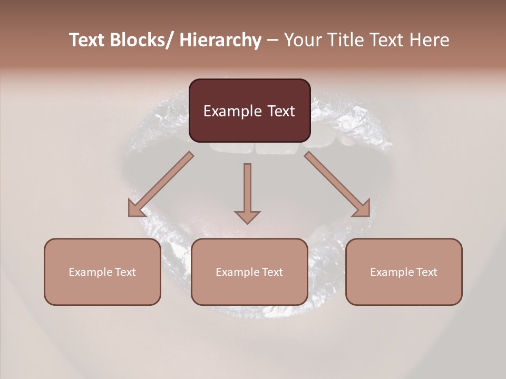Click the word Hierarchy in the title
pos(220,40)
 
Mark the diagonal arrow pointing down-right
pos(337,184)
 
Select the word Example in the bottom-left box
pos(90,272)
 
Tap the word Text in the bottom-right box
pos(426,272)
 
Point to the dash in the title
pos(273,41)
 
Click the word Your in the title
pos(302,40)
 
